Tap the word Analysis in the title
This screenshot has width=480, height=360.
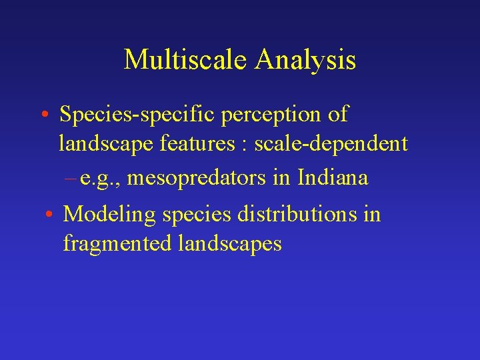coord(304,59)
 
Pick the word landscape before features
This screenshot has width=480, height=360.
coord(102,144)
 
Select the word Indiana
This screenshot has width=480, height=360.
coord(333,178)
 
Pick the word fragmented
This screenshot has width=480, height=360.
coord(117,244)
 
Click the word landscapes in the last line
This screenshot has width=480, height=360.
coord(230,244)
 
